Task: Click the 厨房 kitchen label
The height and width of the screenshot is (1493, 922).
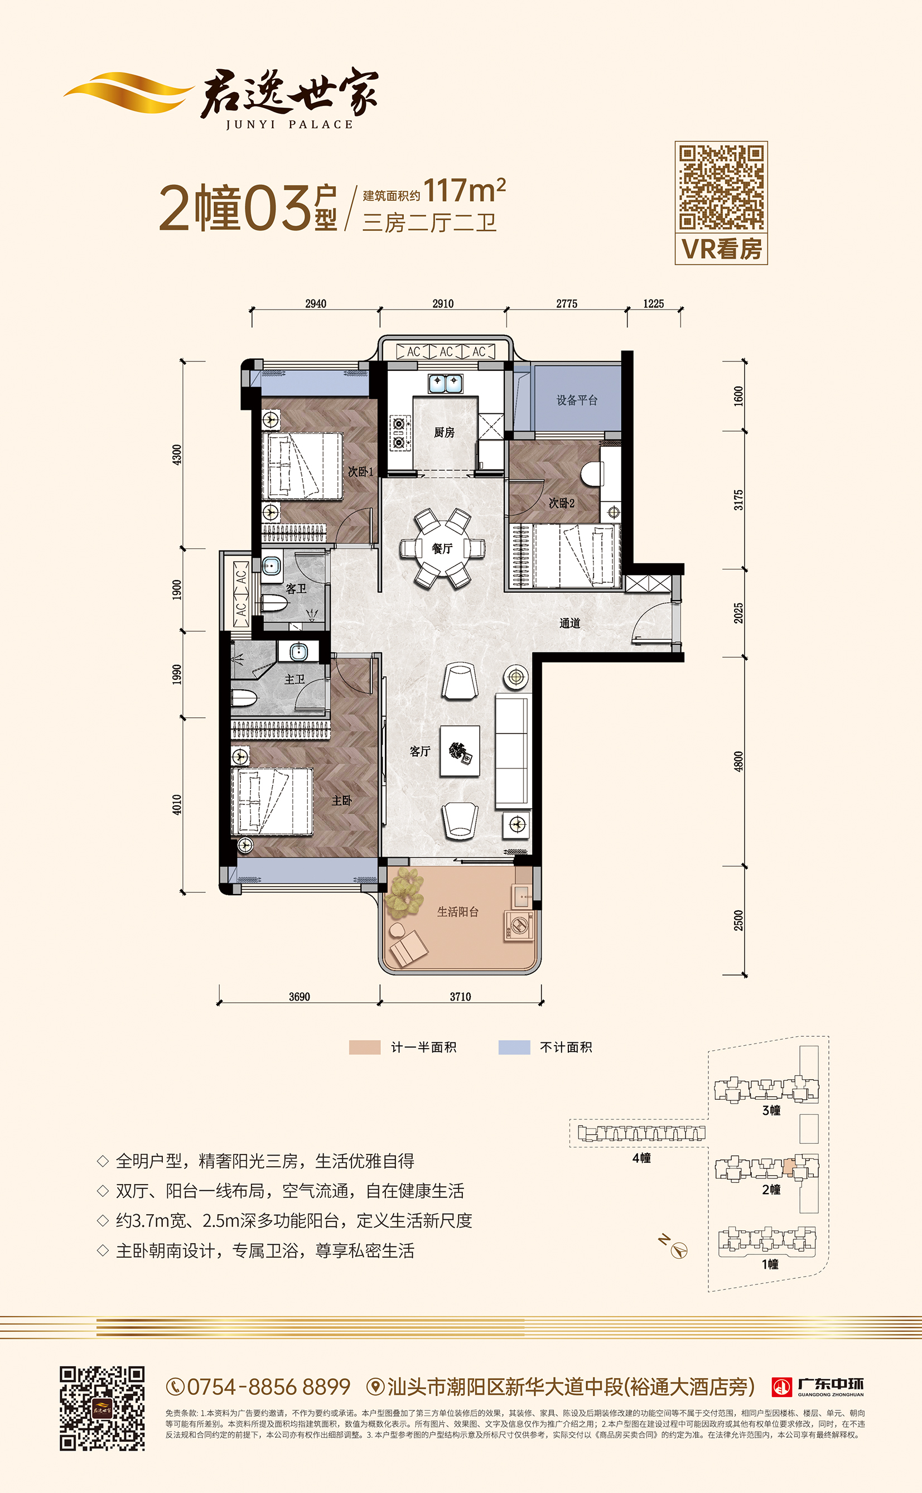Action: tap(444, 432)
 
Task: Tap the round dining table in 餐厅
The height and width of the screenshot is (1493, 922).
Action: tap(442, 548)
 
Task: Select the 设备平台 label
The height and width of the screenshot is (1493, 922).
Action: tap(577, 400)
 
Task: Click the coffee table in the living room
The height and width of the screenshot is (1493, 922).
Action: tap(459, 751)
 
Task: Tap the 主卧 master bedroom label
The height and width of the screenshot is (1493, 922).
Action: tap(341, 800)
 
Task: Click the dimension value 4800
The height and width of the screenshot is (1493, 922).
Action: tap(738, 761)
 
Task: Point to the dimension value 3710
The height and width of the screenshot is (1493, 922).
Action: tap(460, 997)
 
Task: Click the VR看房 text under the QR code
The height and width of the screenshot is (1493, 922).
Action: tap(721, 249)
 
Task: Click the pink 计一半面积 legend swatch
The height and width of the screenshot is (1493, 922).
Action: tap(365, 1047)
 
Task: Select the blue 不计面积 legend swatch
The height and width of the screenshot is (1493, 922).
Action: tap(514, 1047)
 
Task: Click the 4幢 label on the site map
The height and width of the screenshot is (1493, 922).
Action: tap(641, 1158)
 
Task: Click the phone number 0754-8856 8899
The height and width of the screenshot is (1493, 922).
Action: tap(268, 1387)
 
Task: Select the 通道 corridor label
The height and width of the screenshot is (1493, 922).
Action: tap(569, 623)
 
